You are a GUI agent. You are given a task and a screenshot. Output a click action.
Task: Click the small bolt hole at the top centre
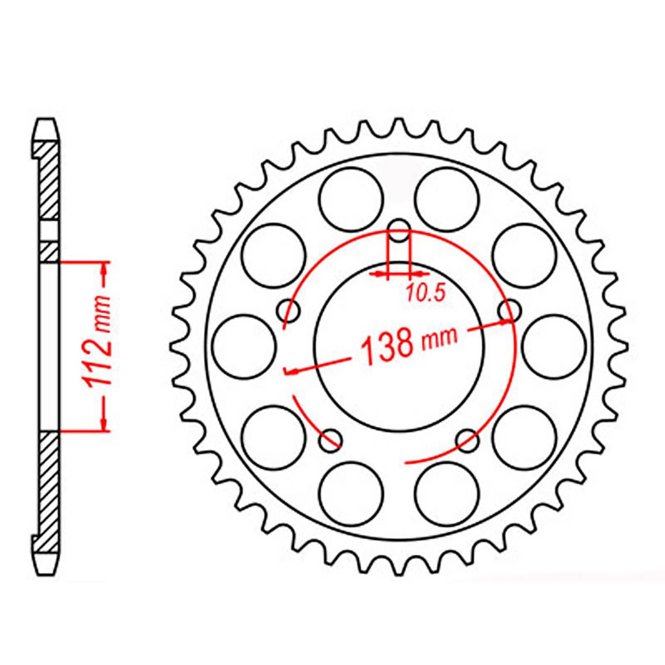coord(399,231)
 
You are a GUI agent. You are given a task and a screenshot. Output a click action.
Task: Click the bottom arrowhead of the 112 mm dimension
coord(104,425)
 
